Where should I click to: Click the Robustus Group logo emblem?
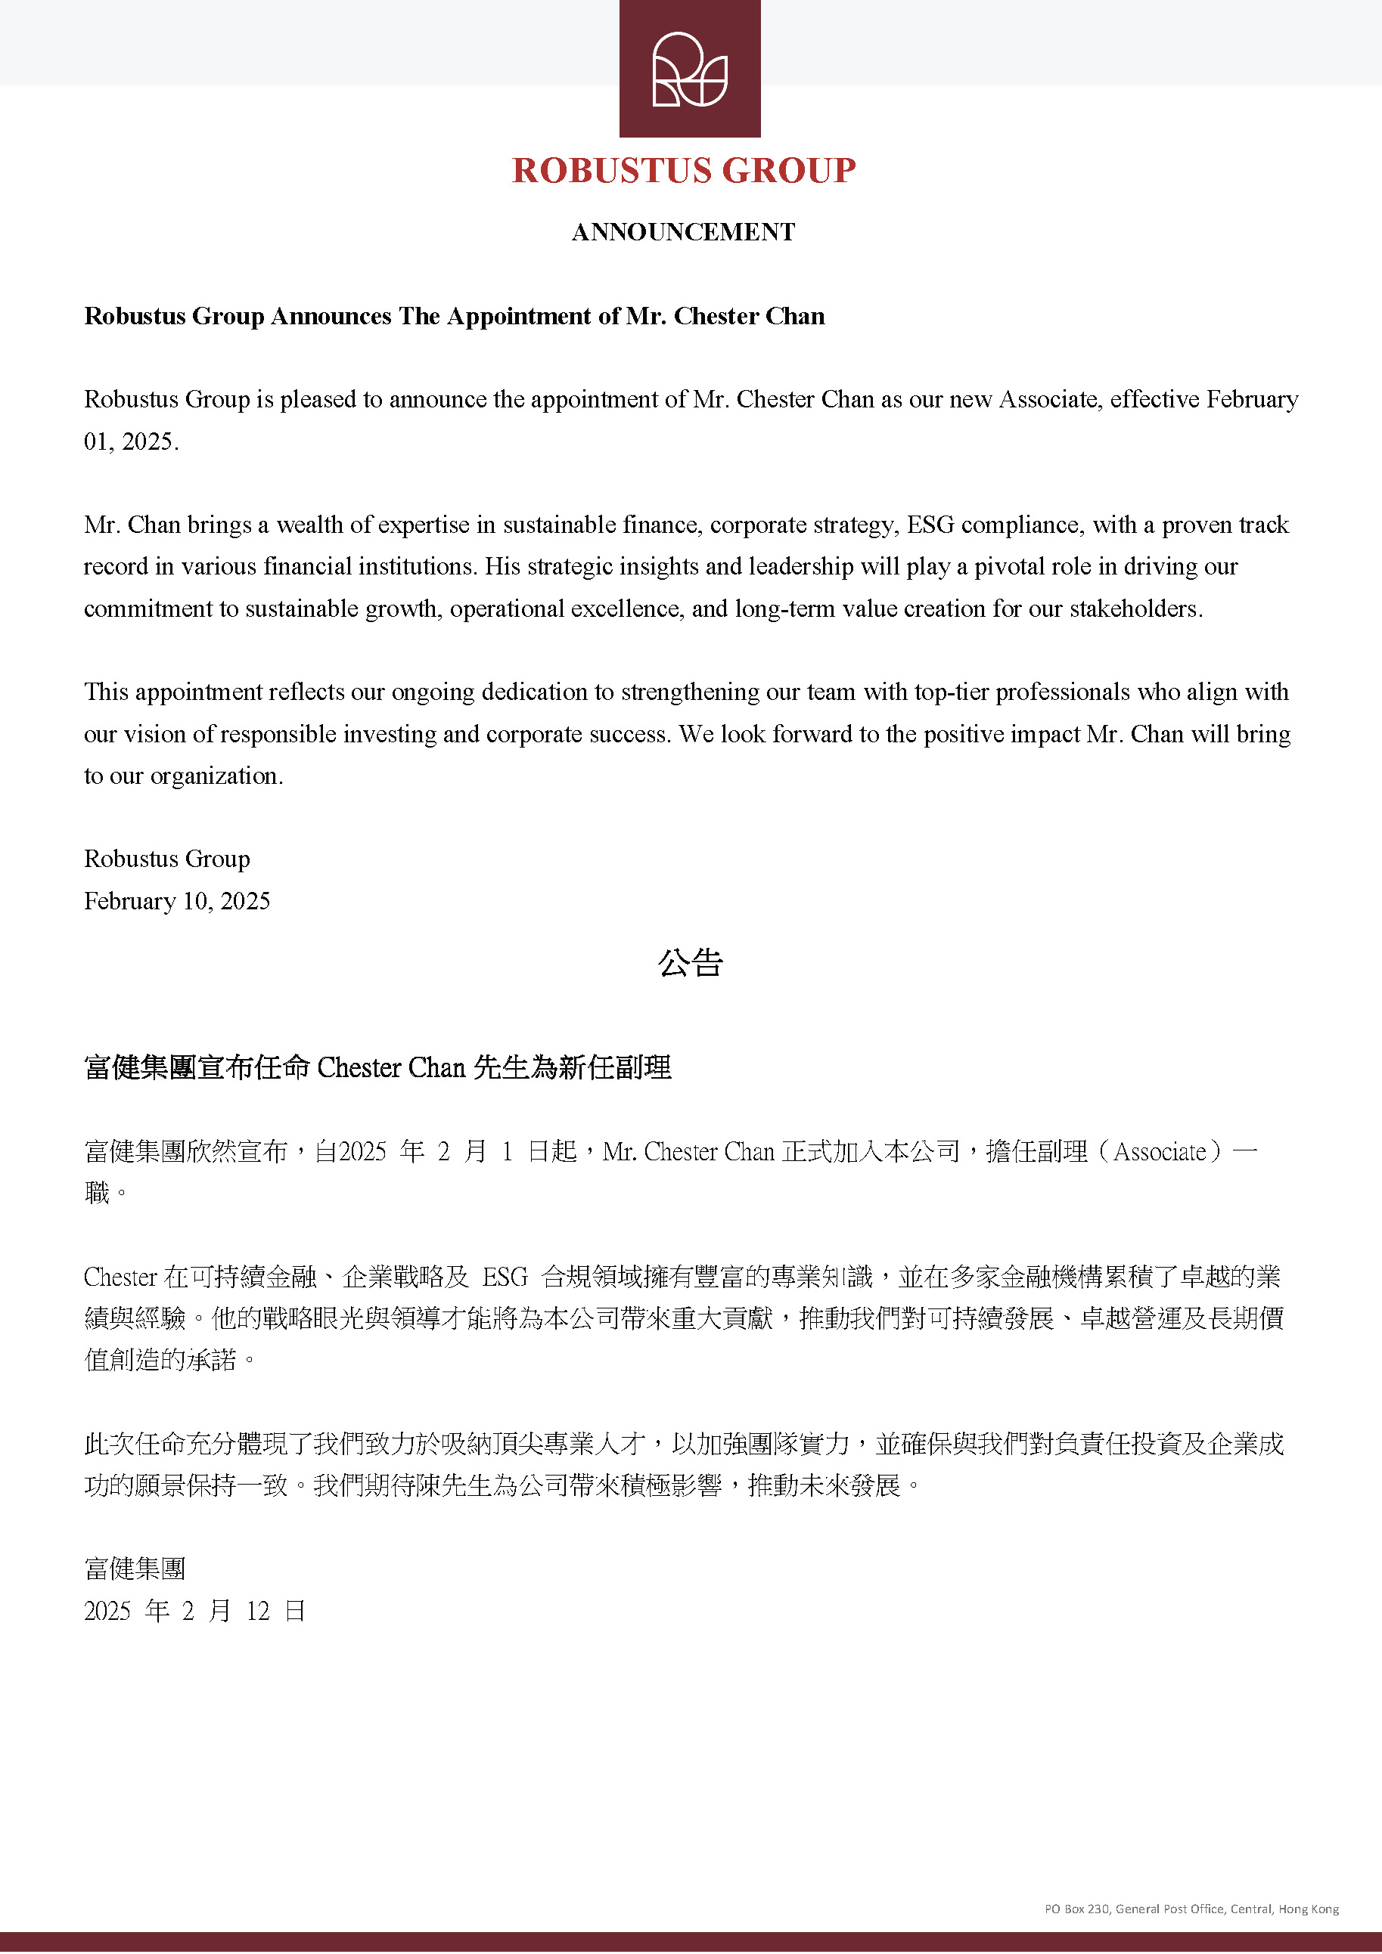tap(690, 69)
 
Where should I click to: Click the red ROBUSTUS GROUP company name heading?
tap(684, 171)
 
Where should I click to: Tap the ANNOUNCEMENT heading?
tap(683, 232)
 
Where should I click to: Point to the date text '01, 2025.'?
tap(131, 441)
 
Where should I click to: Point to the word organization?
tap(216, 776)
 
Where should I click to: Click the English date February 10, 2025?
tap(177, 901)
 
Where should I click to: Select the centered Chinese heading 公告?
tap(691, 963)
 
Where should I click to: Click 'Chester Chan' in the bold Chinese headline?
tap(391, 1068)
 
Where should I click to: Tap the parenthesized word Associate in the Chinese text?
tap(1159, 1152)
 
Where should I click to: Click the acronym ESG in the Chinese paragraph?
tap(505, 1277)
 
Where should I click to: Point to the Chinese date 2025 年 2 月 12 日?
tap(194, 1611)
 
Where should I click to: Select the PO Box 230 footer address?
tap(1191, 1909)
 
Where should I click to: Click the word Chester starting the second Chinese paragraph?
tap(120, 1277)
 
